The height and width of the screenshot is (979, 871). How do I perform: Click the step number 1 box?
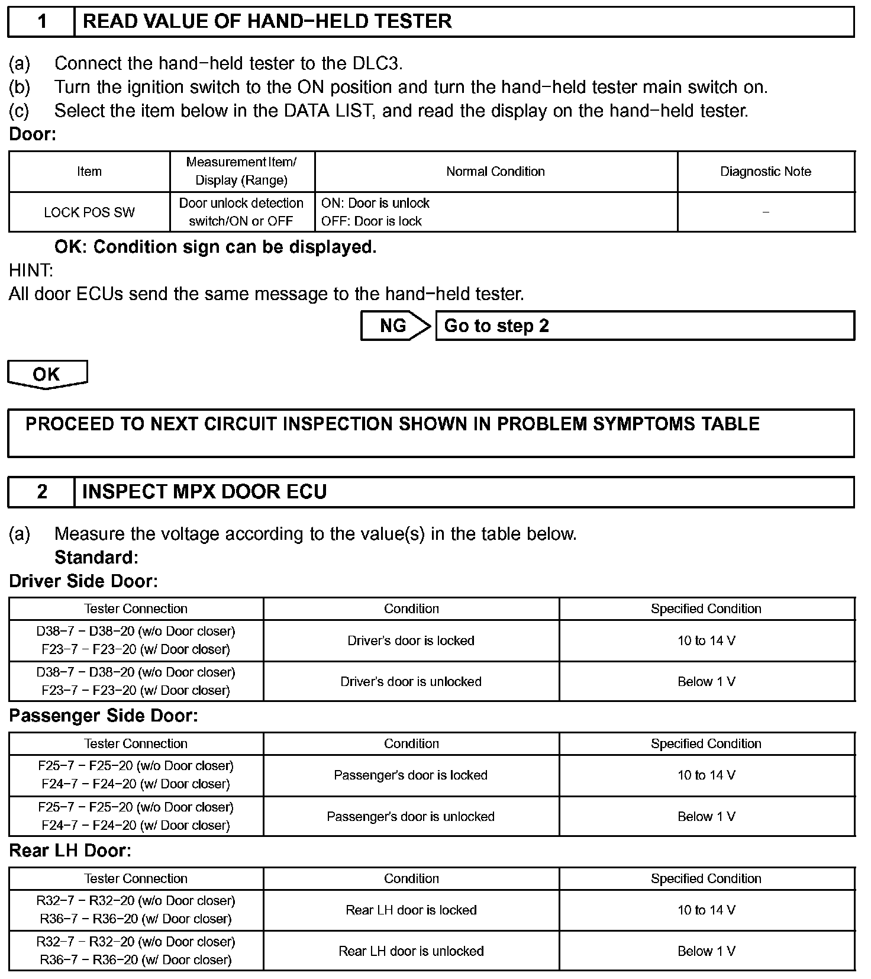pyautogui.click(x=41, y=22)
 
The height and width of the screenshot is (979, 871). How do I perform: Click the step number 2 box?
pyautogui.click(x=41, y=492)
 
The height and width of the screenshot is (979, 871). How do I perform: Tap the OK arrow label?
pyautogui.click(x=47, y=374)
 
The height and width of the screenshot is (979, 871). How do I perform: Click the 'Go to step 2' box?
pyautogui.click(x=644, y=326)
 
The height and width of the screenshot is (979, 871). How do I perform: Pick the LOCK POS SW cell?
pyautogui.click(x=89, y=212)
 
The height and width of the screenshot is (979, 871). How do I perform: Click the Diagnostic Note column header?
pyautogui.click(x=766, y=172)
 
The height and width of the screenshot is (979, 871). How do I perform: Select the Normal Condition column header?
pyautogui.click(x=495, y=172)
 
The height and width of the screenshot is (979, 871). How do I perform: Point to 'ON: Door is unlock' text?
pyautogui.click(x=375, y=203)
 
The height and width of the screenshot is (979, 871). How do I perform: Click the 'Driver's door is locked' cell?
pyautogui.click(x=411, y=640)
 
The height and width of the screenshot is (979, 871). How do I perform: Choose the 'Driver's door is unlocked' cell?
pyautogui.click(x=411, y=682)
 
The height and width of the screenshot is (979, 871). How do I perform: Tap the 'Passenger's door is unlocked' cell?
pyautogui.click(x=411, y=817)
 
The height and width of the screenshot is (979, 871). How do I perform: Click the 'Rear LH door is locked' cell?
pyautogui.click(x=411, y=910)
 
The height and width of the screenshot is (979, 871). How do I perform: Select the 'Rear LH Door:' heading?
pyautogui.click(x=70, y=851)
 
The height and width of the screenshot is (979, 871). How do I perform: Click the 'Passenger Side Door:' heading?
pyautogui.click(x=103, y=716)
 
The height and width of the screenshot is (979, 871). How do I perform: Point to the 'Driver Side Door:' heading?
pyautogui.click(x=83, y=581)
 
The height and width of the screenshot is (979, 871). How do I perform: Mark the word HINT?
pyautogui.click(x=31, y=270)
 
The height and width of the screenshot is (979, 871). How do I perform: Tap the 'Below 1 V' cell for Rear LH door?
pyautogui.click(x=707, y=951)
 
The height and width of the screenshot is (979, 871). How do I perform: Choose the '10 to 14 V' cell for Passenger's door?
pyautogui.click(x=707, y=775)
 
